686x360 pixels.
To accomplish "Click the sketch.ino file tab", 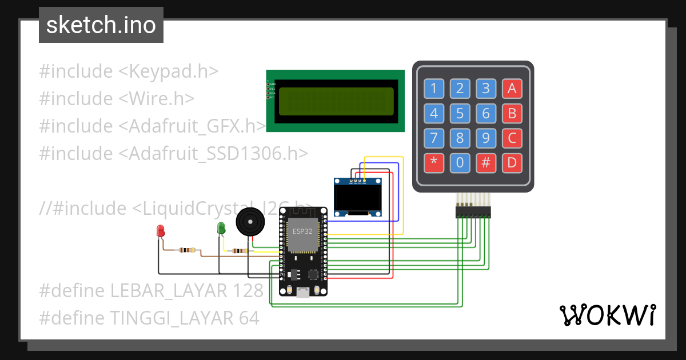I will pos(101,25).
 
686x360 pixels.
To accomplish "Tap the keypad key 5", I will pos(460,113).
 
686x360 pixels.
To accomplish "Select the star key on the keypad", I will pos(433,163).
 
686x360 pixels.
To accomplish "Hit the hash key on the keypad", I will pos(486,163).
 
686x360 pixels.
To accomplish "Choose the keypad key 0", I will pos(460,163).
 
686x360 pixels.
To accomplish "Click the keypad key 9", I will pos(486,138).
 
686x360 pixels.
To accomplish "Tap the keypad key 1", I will pos(433,88).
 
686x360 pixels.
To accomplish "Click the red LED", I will pos(161,231).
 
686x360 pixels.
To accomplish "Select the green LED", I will pos(221,228).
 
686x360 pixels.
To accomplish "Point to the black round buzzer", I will pos(251,222).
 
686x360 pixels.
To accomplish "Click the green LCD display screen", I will pos(336,101).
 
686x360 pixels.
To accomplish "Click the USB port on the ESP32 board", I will pos(303,293).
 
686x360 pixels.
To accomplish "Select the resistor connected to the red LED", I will pos(186,250).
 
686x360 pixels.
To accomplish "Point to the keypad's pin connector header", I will pos(473,212).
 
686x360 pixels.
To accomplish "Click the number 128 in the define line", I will pos(248,290).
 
